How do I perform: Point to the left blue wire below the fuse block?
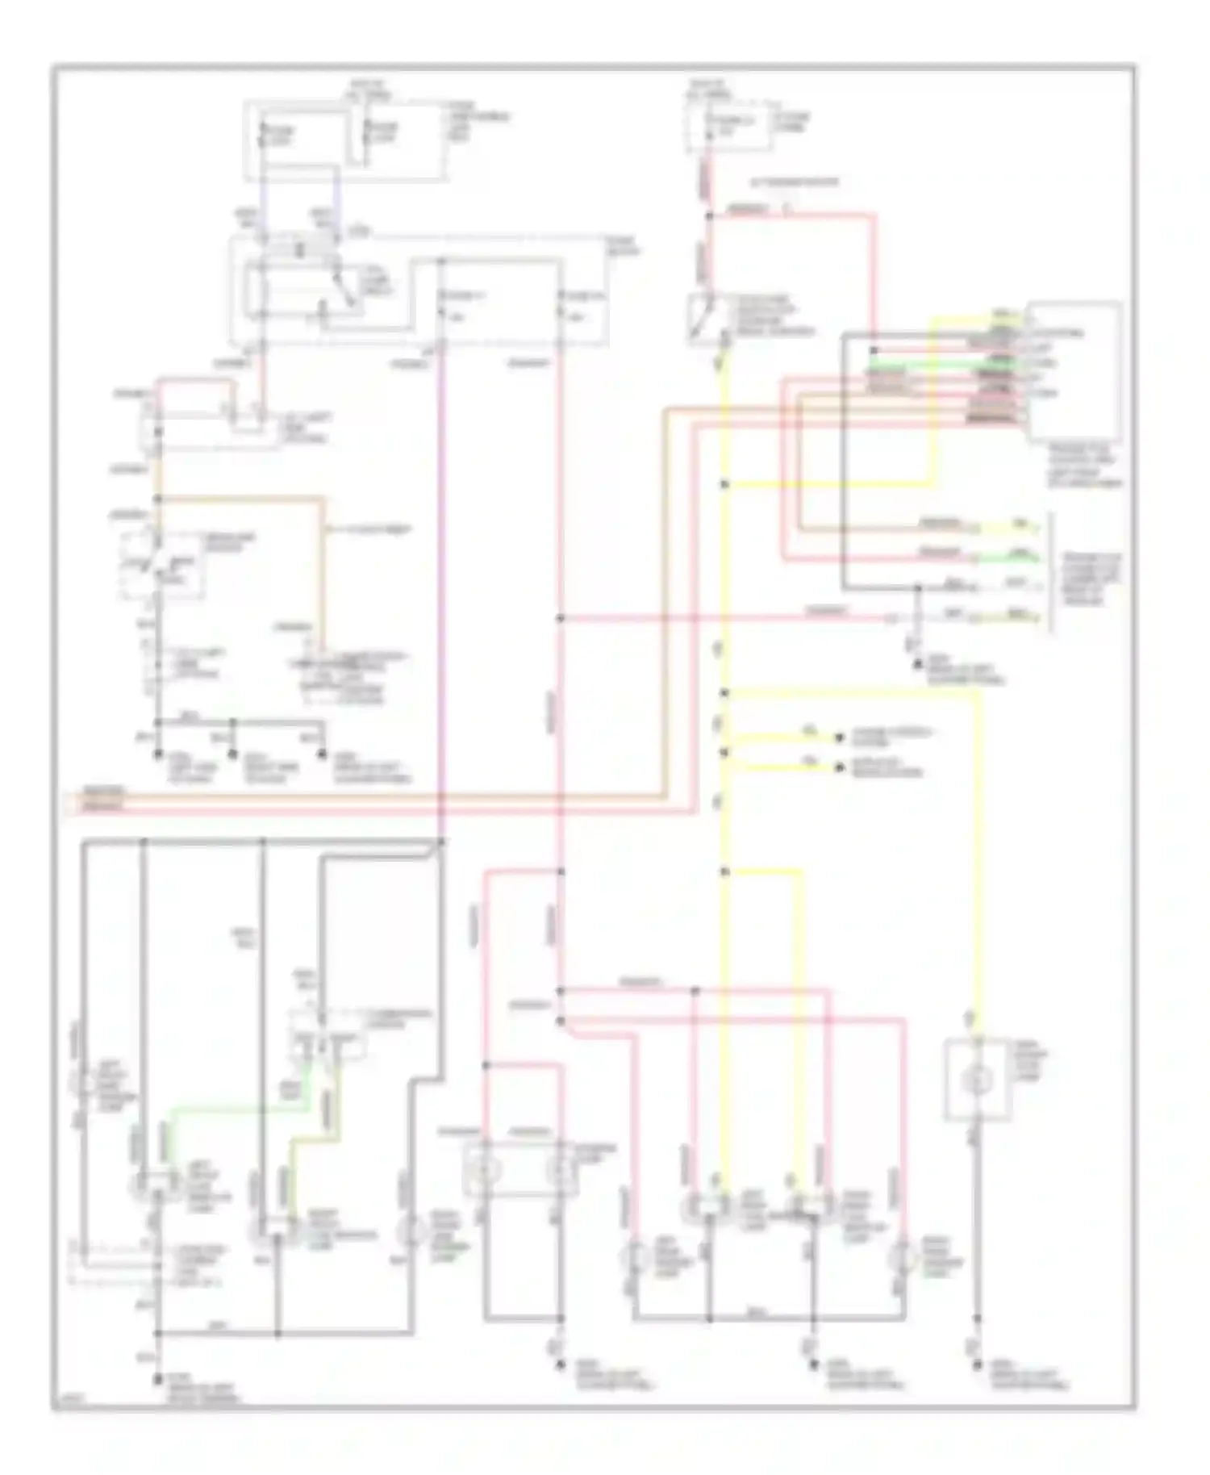click(263, 194)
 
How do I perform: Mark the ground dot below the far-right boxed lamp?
click(977, 1365)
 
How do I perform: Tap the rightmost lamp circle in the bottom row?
click(901, 1257)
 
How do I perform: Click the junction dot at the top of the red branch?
click(709, 216)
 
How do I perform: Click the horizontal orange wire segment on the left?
click(242, 499)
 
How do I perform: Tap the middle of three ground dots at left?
click(233, 754)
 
